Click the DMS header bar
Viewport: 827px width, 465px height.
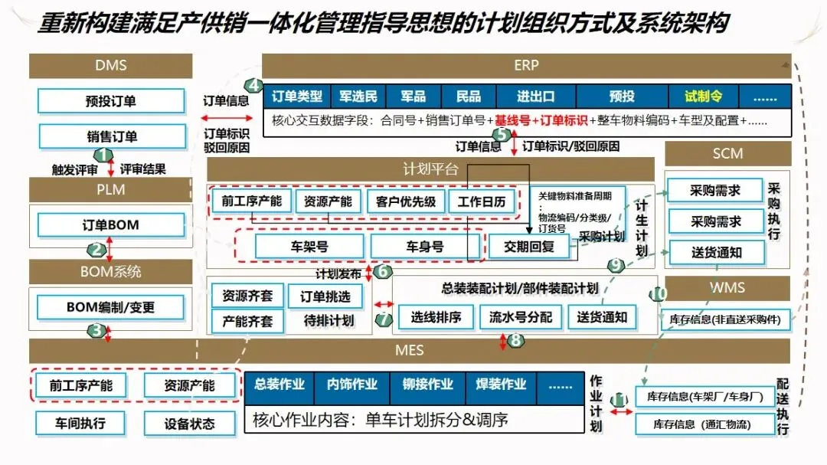coord(111,66)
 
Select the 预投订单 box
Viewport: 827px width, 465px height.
coord(112,101)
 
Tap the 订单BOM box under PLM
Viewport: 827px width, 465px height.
coord(111,225)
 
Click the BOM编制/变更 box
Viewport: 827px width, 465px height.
coord(111,307)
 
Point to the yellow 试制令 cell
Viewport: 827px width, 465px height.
coord(704,97)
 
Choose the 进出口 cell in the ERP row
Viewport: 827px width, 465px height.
coord(535,97)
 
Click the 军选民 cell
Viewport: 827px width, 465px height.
coord(358,97)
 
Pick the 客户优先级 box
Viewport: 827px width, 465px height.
coord(401,201)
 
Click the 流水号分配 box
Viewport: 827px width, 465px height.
coord(521,316)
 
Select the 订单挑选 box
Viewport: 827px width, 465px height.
coord(325,296)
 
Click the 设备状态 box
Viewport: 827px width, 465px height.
coord(190,423)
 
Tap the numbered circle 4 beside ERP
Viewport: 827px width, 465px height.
coord(253,85)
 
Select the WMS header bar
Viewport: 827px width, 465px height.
coord(727,288)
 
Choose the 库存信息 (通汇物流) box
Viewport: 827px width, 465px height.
coord(702,424)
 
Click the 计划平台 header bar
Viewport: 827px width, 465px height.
coord(430,169)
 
